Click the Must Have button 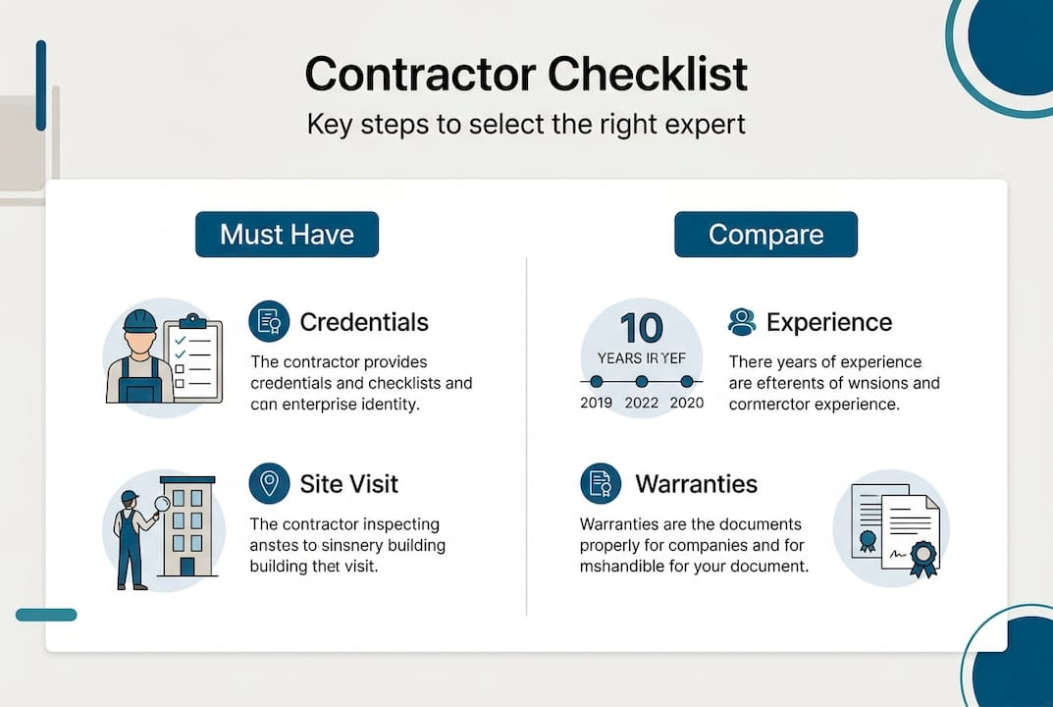coord(287,235)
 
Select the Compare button coord(765,235)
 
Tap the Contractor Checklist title coord(526,76)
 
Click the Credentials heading coord(364,322)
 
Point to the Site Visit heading coord(348,484)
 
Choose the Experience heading coord(829,322)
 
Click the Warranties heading coord(696,484)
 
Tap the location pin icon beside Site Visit coord(269,483)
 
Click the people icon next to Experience coord(743,321)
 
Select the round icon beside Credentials coord(269,321)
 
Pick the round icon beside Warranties coord(600,483)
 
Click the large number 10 coord(641,329)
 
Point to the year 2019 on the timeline coord(597,403)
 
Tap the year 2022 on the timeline coord(641,403)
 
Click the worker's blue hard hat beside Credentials coord(141,321)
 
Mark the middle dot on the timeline coord(641,381)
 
